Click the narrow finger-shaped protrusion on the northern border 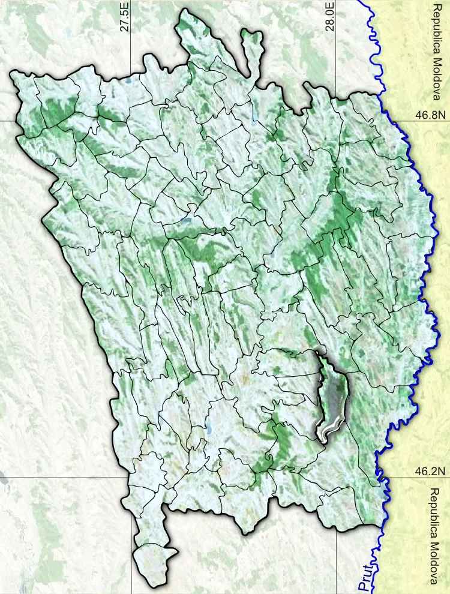click(251, 48)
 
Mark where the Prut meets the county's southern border click(380, 528)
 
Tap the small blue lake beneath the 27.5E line click(128, 80)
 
